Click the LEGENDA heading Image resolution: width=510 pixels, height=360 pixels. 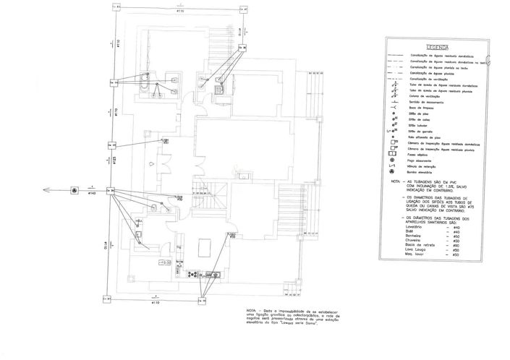(438, 46)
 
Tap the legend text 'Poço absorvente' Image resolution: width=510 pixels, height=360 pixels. (423, 160)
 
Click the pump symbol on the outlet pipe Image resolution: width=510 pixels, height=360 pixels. (75, 190)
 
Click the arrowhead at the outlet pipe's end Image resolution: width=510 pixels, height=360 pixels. (45, 190)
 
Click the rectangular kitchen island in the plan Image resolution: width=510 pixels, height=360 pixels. (203, 247)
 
